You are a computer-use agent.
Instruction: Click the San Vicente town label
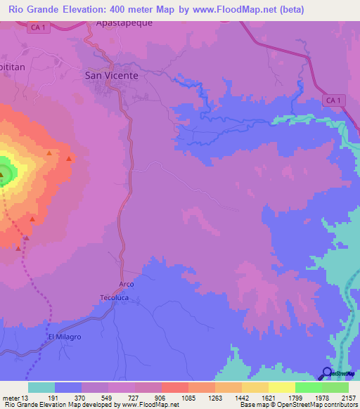(111, 74)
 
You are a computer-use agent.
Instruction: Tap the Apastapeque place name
(124, 22)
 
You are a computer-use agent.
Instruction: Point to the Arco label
(127, 284)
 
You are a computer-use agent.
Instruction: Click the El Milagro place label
(65, 337)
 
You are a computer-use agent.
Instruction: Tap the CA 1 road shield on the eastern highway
(333, 101)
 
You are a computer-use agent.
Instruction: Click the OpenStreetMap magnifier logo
(328, 373)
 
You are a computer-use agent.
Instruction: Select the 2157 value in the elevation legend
(349, 398)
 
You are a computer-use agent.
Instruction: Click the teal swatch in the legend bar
(41, 388)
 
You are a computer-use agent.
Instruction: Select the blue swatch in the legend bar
(68, 388)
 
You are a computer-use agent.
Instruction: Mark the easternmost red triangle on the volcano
(69, 159)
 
